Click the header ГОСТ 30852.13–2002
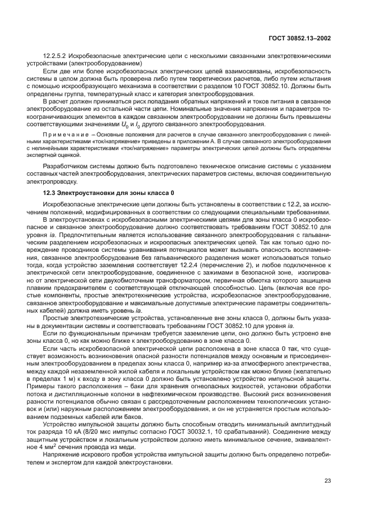[x=300, y=38]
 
